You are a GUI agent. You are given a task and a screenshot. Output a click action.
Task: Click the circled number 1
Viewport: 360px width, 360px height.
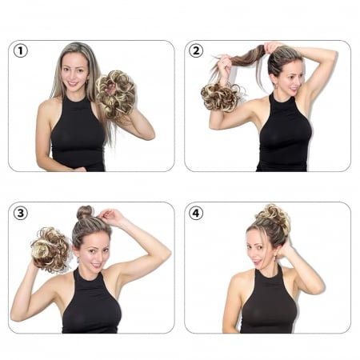click(21, 50)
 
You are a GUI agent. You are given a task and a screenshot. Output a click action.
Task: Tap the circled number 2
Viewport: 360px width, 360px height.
click(196, 50)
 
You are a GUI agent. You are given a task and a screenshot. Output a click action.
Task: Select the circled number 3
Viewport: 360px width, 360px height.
click(21, 213)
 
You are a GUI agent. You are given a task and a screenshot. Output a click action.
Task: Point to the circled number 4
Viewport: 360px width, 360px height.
click(196, 213)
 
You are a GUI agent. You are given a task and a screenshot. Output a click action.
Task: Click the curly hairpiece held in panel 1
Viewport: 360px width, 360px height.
click(115, 94)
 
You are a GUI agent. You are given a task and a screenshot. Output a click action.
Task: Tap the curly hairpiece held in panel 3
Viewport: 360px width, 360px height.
click(50, 250)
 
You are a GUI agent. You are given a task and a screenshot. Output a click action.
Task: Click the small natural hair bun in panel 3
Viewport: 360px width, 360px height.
click(85, 212)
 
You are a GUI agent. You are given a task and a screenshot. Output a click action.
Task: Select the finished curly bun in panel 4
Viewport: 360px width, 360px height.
click(274, 218)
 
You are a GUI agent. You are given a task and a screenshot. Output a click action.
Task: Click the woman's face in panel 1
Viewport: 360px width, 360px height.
click(74, 70)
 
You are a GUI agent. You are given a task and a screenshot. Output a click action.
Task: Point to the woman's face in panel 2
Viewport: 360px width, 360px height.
click(290, 78)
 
